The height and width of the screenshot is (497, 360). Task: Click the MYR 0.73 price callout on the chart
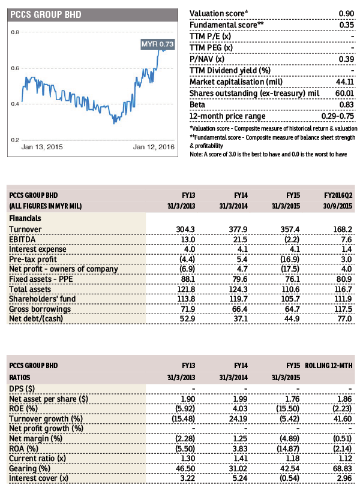(x=158, y=44)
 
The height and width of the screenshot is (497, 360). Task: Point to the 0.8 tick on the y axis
(x=15, y=32)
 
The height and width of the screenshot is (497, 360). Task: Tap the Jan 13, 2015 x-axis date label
(x=42, y=147)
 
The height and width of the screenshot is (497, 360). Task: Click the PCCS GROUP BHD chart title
(x=46, y=14)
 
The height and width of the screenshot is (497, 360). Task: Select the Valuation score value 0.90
(x=346, y=14)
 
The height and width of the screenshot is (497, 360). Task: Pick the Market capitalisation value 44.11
(x=345, y=82)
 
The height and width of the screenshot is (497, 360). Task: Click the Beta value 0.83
(x=346, y=105)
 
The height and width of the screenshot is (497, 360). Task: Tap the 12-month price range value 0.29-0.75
(x=337, y=116)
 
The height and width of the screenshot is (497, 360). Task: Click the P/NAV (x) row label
(x=207, y=59)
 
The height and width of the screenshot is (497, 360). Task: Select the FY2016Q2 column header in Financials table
(x=338, y=195)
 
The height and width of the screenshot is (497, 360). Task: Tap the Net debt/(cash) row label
(x=36, y=318)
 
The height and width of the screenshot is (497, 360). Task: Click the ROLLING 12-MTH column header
(x=329, y=366)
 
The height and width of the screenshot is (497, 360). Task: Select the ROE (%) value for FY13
(x=185, y=408)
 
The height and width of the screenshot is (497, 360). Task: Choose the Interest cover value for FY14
(x=240, y=478)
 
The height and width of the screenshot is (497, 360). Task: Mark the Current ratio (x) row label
(x=37, y=458)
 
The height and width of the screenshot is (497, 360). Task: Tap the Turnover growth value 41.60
(x=343, y=418)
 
